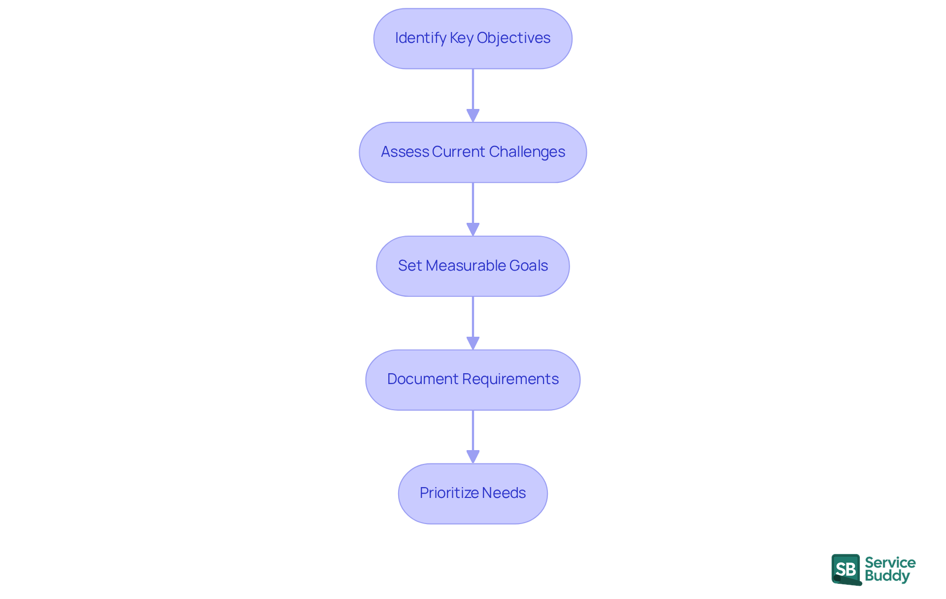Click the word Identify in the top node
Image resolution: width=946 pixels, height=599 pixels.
click(x=420, y=38)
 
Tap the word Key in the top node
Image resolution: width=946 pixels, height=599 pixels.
click(x=461, y=38)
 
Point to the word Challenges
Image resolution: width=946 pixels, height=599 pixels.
click(x=527, y=152)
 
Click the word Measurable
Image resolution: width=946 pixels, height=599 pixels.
click(x=465, y=266)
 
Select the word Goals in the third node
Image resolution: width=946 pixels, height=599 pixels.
click(x=528, y=266)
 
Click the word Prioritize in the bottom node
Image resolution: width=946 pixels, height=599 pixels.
click(x=449, y=493)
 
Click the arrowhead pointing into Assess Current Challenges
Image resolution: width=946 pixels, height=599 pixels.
click(x=473, y=116)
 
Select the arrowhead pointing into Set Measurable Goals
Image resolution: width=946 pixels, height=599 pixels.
click(x=473, y=230)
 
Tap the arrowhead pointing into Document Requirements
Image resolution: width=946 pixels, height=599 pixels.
click(x=473, y=343)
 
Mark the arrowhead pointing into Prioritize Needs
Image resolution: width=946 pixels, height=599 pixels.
click(x=473, y=457)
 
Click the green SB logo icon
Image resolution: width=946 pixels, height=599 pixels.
click(x=846, y=569)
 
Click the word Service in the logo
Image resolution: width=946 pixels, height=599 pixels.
click(x=890, y=563)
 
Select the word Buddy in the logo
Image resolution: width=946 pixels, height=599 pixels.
click(x=887, y=576)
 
